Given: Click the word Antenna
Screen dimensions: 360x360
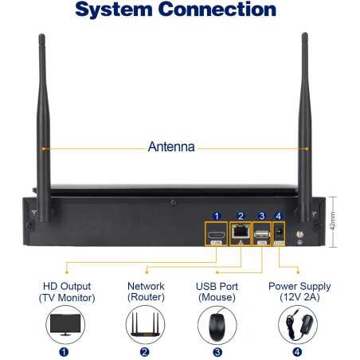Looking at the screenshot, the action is [171, 147].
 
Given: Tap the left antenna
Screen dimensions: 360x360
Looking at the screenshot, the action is [43, 127].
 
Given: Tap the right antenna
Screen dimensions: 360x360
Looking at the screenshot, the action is [305, 127].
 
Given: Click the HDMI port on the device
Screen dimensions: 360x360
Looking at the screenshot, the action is [216, 235].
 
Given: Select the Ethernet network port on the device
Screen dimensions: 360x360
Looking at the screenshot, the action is [241, 232].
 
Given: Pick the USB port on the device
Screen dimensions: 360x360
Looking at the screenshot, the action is [262, 234].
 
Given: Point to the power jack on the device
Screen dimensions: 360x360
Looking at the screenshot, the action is [279, 232].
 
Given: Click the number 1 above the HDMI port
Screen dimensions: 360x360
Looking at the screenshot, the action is [217, 216].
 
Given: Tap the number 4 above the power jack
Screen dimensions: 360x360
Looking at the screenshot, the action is [278, 216].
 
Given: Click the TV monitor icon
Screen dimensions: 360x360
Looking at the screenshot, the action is [65, 324].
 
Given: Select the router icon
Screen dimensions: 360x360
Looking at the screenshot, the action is [145, 325].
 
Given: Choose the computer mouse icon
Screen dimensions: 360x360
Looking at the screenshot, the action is [217, 325].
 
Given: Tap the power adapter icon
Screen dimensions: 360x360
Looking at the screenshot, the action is [298, 324].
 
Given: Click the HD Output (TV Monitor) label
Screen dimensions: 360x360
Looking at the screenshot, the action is [67, 292].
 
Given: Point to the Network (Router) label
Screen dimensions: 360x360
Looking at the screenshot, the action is [146, 292].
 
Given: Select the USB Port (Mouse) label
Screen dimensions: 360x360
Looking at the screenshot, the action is [217, 292].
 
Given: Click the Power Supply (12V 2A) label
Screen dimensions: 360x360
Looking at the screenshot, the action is [299, 292].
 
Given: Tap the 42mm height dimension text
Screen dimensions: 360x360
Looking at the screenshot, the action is [333, 221].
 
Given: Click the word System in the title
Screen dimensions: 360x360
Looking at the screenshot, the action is [114, 10].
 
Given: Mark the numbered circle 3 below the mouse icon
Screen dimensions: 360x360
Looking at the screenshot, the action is [217, 352].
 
